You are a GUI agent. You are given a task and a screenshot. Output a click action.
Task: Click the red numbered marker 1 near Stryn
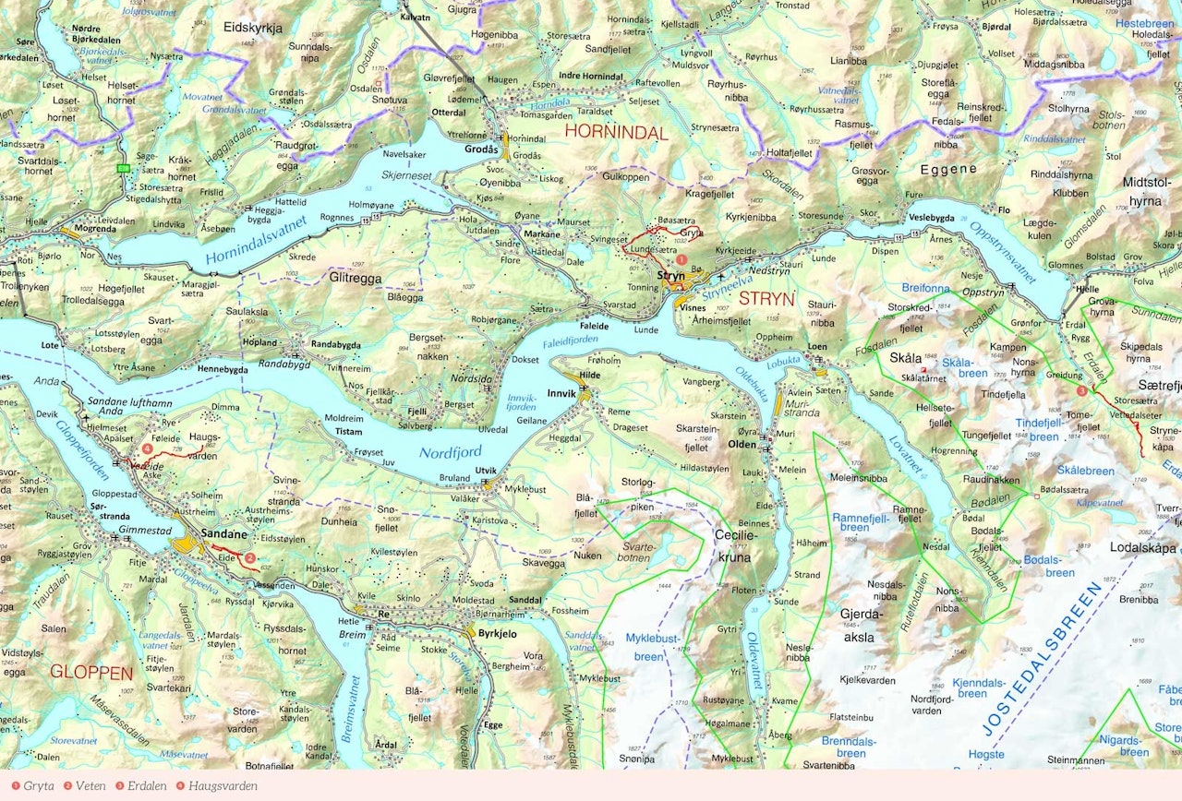point(681,261)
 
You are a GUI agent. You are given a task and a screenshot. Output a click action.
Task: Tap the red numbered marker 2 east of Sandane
point(249,557)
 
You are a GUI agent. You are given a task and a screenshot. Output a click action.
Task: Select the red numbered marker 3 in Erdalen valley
point(1081,391)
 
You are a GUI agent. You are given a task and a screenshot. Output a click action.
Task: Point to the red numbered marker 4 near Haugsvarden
point(148,449)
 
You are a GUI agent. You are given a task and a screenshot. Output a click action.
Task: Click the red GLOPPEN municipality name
point(91,672)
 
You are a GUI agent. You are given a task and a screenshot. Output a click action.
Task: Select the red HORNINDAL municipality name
point(616,133)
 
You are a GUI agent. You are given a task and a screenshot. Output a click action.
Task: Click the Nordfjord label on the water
point(450,452)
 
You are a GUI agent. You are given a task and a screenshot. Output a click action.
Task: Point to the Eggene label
point(948,170)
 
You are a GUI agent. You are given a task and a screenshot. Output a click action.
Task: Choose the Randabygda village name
point(334,343)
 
